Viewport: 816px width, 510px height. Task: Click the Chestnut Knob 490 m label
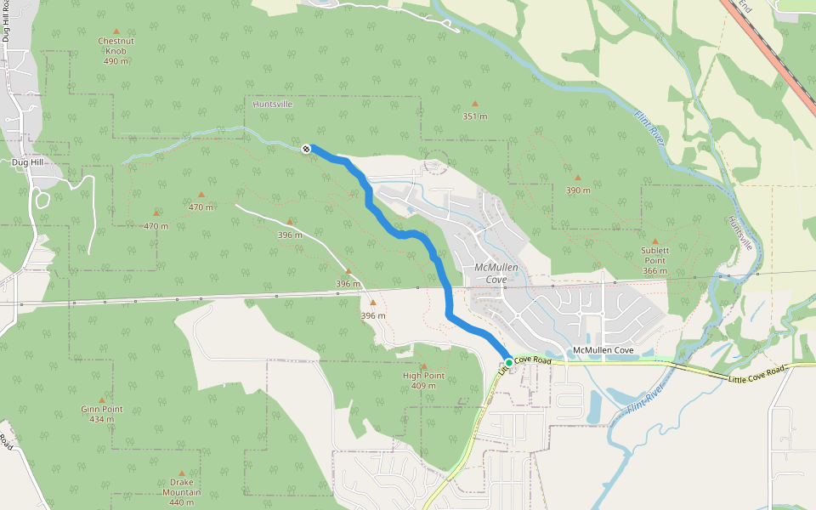click(116, 51)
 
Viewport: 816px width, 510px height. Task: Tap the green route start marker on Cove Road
click(509, 363)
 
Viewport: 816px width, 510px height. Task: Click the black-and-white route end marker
click(306, 149)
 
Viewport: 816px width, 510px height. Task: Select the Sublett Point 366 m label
click(654, 261)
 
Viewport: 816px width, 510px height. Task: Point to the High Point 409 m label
click(423, 380)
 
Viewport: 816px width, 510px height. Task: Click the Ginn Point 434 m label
click(102, 414)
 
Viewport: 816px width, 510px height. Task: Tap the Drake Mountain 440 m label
click(181, 492)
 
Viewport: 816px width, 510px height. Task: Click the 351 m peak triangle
click(475, 104)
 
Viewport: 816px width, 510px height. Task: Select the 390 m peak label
click(578, 190)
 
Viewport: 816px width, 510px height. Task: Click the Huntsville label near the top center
click(273, 104)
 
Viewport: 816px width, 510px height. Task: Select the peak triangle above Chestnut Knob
click(116, 31)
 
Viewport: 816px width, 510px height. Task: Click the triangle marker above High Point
click(423, 366)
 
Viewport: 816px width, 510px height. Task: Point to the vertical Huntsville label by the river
click(741, 231)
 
